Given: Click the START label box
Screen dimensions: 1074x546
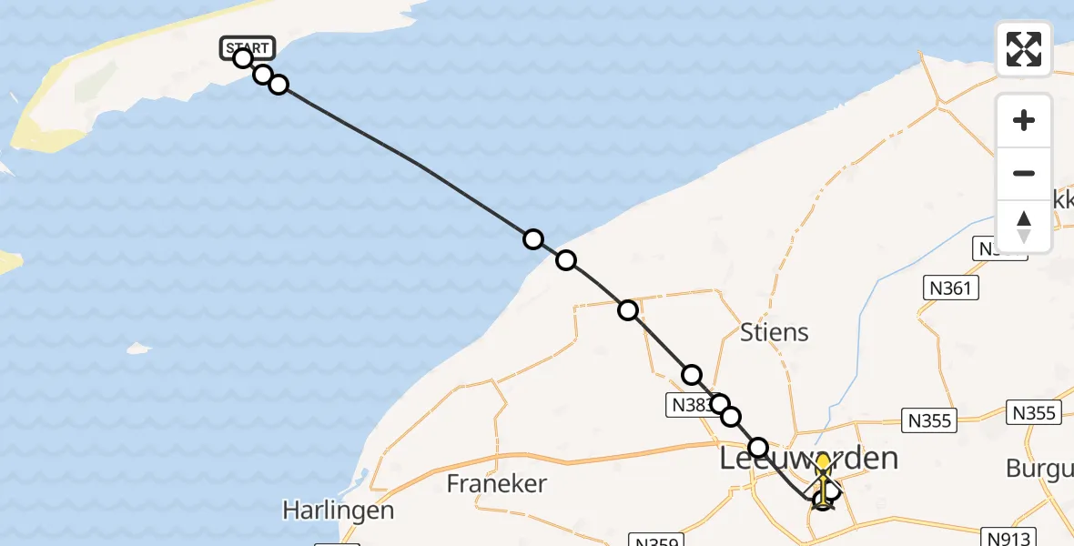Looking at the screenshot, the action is pos(247,47).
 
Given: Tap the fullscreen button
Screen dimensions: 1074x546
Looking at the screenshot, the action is pos(1024,49).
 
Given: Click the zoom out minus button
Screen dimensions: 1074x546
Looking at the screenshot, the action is pos(1024,173).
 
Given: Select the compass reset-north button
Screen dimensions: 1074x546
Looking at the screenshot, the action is pos(1024,227).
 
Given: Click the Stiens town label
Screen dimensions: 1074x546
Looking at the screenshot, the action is pos(774,332).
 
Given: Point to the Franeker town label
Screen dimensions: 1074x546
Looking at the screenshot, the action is pos(497,483).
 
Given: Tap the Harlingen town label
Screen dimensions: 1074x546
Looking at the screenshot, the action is pos(339,510).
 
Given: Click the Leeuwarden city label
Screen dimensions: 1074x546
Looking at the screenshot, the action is pos(808,459).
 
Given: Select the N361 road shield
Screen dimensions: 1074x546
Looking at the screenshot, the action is pos(952,289).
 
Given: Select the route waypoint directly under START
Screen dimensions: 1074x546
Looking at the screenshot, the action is pos(243,58).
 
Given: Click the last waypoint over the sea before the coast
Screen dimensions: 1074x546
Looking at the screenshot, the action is pos(533,239).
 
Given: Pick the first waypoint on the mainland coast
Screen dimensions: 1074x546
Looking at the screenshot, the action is pos(566,260).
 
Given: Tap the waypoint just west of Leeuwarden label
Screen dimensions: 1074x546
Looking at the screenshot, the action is pos(757,448).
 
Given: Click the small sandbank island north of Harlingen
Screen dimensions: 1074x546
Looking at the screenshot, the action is pos(138,348).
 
